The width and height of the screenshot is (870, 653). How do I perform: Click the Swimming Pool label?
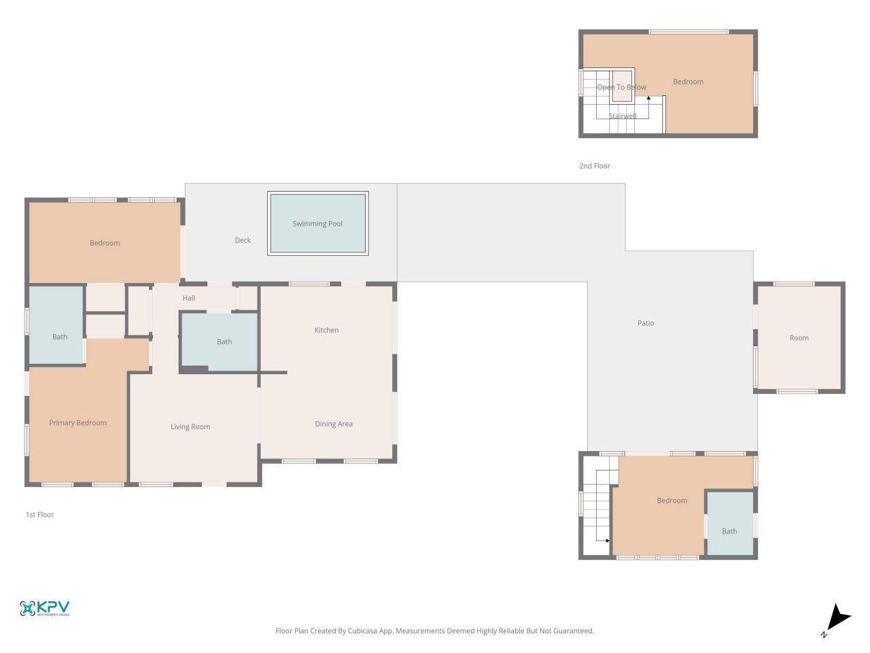click(317, 224)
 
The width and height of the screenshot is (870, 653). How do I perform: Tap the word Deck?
click(243, 240)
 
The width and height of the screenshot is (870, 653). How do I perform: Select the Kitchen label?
click(326, 330)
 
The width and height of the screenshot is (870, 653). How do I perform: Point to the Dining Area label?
click(334, 424)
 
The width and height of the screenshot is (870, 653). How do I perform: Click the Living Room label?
click(190, 427)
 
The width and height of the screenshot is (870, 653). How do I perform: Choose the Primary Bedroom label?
click(77, 423)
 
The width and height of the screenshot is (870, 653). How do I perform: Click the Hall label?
click(189, 298)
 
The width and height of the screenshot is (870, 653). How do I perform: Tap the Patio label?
click(646, 323)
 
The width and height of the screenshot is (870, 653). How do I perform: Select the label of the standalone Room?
click(799, 338)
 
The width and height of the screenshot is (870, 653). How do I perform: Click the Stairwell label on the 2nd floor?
click(623, 116)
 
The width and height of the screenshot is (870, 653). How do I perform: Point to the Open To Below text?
click(621, 87)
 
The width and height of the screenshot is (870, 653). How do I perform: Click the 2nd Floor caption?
click(595, 166)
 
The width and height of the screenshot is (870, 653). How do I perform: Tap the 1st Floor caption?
click(39, 515)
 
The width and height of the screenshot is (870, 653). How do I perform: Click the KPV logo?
click(45, 608)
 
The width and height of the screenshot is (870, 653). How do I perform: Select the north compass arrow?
click(837, 618)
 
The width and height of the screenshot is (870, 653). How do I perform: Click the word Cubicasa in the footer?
click(363, 631)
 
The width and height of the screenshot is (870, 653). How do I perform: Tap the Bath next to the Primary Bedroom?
click(60, 337)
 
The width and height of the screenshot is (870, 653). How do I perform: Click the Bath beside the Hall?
click(224, 342)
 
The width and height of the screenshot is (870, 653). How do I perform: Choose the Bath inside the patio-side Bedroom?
click(729, 531)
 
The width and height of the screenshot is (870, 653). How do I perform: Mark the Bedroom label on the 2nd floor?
click(688, 82)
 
